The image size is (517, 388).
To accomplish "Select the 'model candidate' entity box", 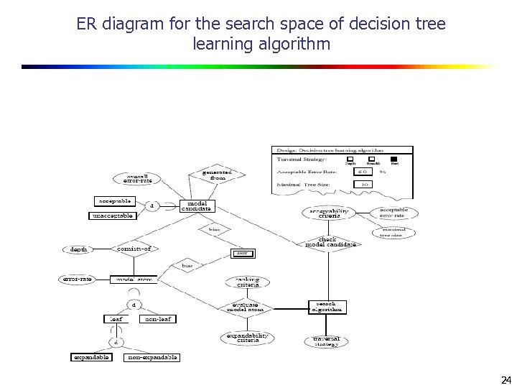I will [x=196, y=205].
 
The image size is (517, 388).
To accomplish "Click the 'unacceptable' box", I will [x=113, y=216].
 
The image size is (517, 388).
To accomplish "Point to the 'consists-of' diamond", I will [x=136, y=249].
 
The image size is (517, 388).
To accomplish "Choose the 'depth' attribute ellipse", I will [x=79, y=250].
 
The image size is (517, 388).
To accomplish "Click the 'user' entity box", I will [x=243, y=253].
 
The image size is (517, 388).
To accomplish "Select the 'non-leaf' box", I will [x=158, y=319].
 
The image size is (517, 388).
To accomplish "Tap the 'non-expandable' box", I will [x=152, y=357].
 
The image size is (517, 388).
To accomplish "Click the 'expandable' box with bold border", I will [x=91, y=357].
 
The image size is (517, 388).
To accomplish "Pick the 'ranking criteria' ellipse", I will [x=248, y=282].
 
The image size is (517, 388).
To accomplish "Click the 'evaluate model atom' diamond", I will [x=245, y=308].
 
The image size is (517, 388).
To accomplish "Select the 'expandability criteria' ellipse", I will [x=247, y=337].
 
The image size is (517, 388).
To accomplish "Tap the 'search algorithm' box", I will [x=327, y=307].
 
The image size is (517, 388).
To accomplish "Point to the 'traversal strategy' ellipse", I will [x=327, y=341].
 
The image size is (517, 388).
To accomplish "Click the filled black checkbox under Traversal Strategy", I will [x=394, y=159].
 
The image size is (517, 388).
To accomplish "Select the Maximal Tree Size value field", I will [x=364, y=184].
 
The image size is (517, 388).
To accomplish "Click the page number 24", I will [x=506, y=379].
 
